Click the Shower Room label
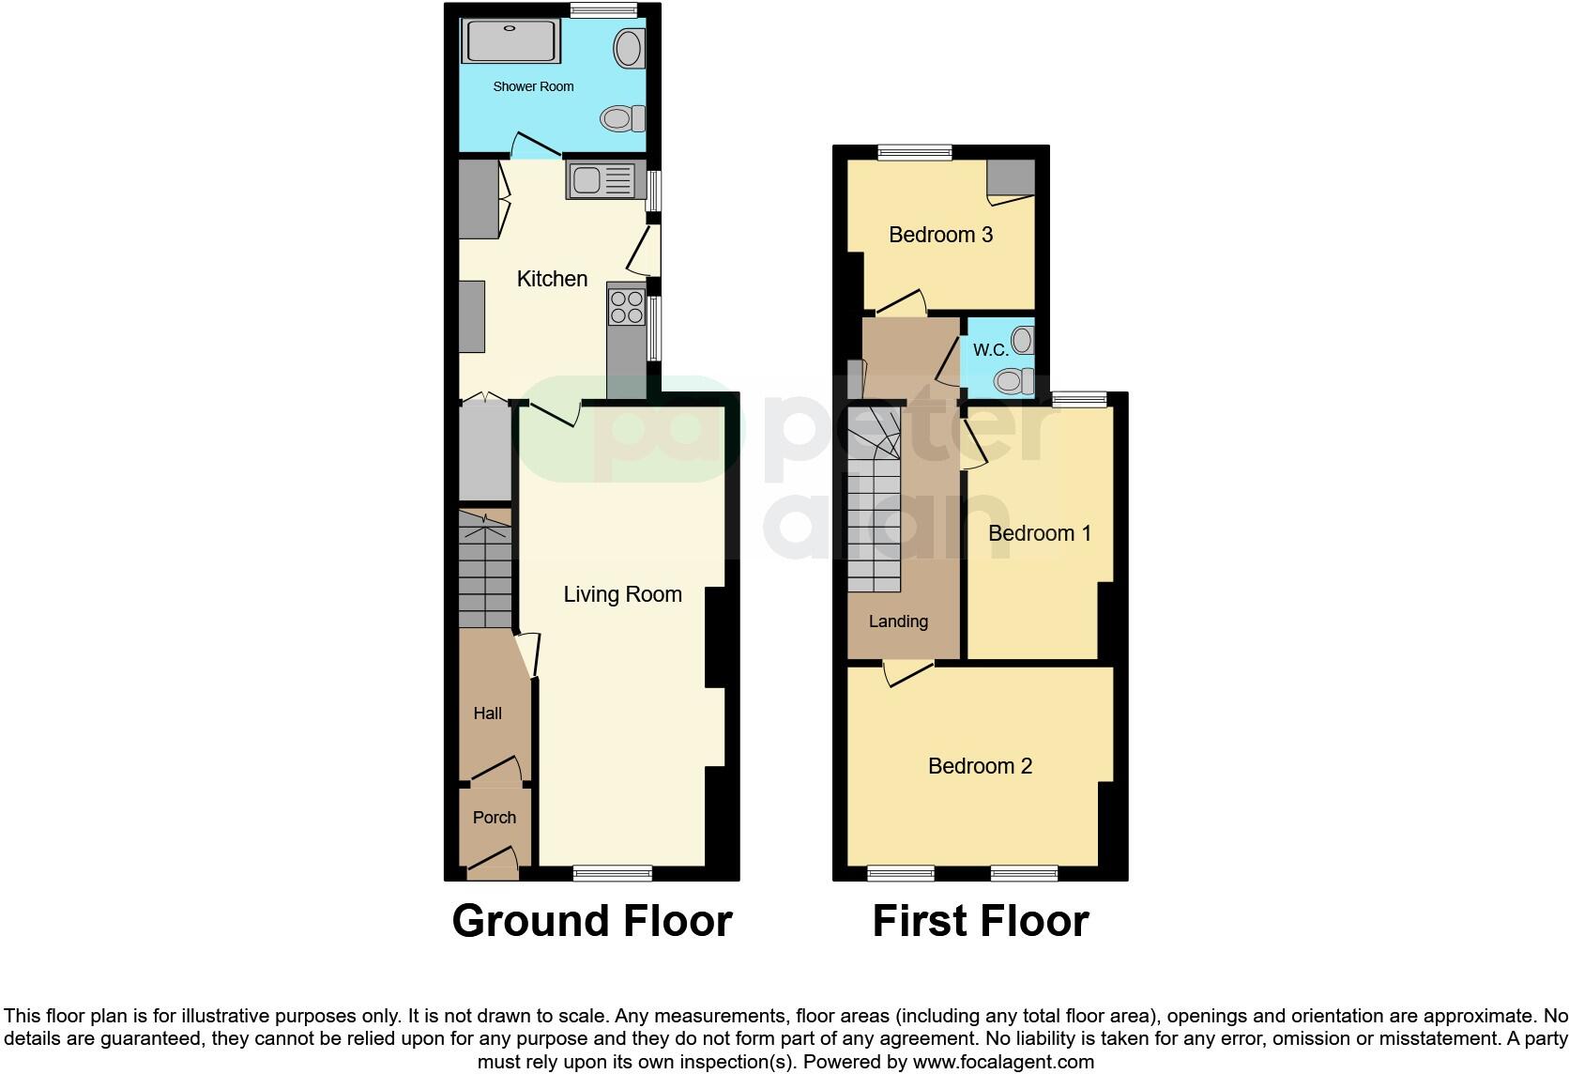click(x=533, y=86)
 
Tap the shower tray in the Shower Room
click(x=510, y=41)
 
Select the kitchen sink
click(x=601, y=180)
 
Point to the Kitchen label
click(x=552, y=279)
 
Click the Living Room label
click(x=622, y=594)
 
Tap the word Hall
click(x=487, y=713)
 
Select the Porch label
click(x=494, y=818)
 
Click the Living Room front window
click(x=612, y=873)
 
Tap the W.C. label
click(x=990, y=350)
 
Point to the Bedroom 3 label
click(x=940, y=235)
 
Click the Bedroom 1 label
click(x=1039, y=533)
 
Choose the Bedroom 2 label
click(x=980, y=766)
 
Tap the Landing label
click(x=898, y=621)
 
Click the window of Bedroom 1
click(x=1078, y=400)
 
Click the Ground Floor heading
click(x=591, y=921)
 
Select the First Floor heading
click(x=980, y=921)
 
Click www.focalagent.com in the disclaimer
click(x=1002, y=1063)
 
